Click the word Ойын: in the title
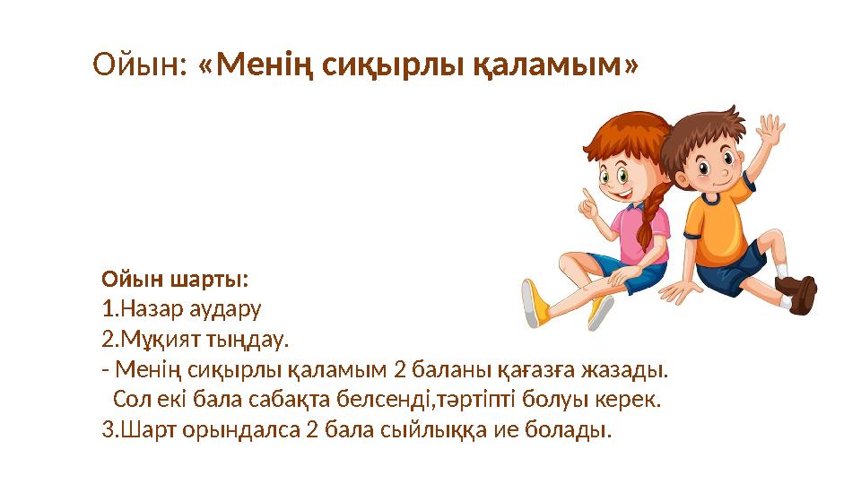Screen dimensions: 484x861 coord(140,64)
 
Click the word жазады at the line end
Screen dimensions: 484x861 coord(638,369)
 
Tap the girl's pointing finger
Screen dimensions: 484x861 coord(587,197)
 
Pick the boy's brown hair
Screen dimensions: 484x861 coord(708,125)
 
